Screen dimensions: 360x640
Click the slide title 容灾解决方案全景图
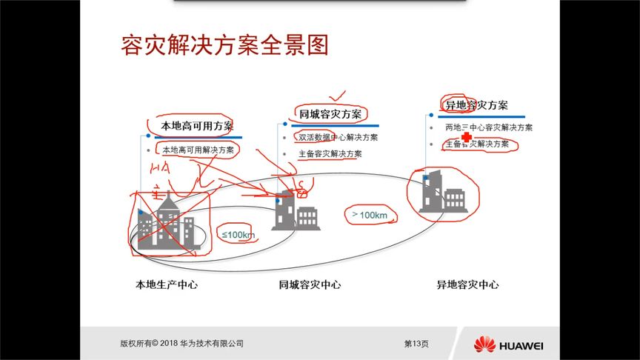pos(224,45)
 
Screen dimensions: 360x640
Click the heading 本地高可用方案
pos(196,126)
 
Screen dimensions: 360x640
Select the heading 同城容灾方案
pos(330,114)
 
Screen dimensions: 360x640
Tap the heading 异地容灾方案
pos(476,105)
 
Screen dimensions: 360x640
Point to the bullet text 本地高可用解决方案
pos(198,150)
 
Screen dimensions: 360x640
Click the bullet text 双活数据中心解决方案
pos(338,137)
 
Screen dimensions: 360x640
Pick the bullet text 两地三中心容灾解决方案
pos(489,127)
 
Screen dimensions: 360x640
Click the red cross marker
pos(466,139)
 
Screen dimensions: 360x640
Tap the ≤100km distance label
pos(238,235)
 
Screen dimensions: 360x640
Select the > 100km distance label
pos(370,215)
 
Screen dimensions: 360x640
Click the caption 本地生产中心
pos(167,284)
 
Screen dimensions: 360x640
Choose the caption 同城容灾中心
pos(310,284)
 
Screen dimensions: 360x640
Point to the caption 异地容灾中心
pos(467,284)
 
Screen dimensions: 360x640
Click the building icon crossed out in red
pos(168,223)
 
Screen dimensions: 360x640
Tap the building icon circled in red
pos(442,193)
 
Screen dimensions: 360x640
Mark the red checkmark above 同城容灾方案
pos(339,96)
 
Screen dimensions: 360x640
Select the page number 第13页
pos(416,344)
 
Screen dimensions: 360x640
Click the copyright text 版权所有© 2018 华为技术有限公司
pos(181,344)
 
